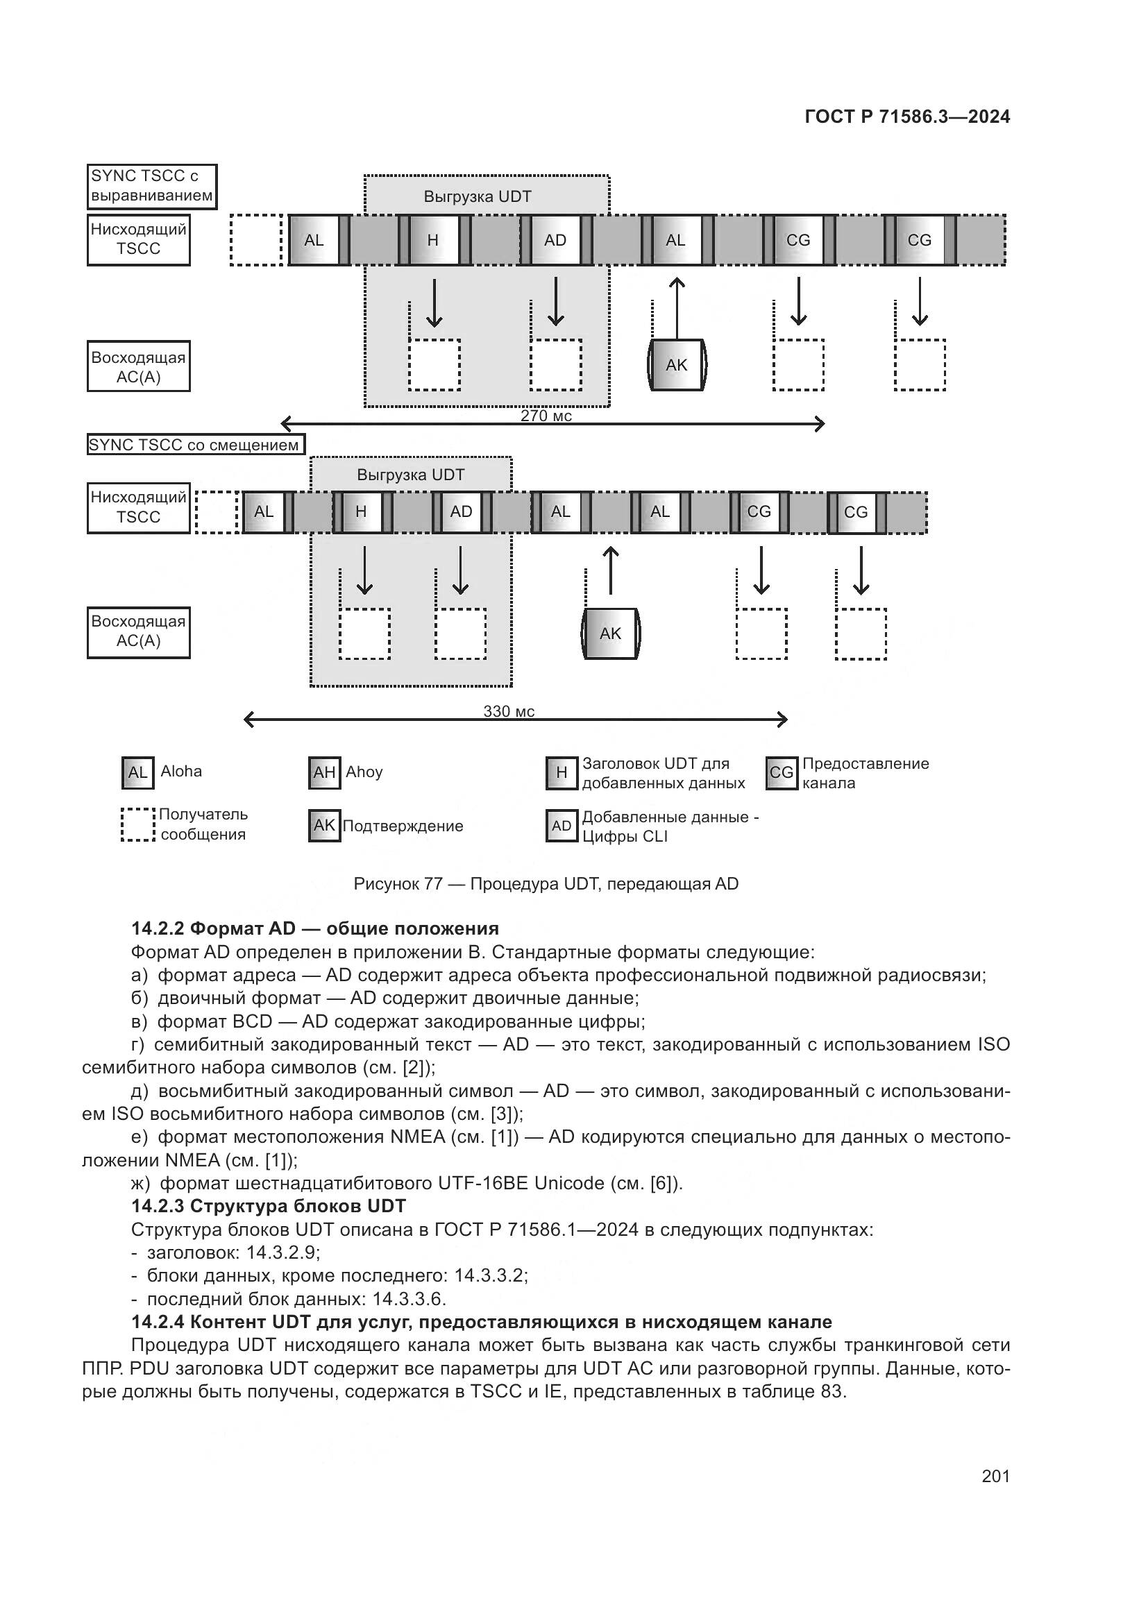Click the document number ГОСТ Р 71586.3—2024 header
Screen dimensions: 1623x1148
coord(907,117)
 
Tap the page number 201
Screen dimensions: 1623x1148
coord(995,1475)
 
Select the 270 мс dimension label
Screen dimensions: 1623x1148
coord(546,416)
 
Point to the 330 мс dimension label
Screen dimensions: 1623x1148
coord(508,711)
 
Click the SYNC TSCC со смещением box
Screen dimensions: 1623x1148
coord(196,445)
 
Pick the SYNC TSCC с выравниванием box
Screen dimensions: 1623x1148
coord(151,186)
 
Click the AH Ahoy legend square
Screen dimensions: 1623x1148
coord(324,772)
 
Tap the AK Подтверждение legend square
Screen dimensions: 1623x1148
coord(324,825)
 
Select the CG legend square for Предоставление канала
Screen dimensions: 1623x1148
coord(781,772)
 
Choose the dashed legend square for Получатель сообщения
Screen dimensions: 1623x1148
coord(138,825)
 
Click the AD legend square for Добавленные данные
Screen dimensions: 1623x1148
coord(562,826)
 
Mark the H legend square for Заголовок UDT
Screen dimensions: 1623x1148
coord(562,772)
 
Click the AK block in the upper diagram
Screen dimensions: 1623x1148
coord(677,365)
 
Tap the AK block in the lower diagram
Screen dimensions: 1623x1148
coord(610,634)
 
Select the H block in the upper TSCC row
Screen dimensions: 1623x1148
coord(433,240)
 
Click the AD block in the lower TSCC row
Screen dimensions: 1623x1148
coord(461,512)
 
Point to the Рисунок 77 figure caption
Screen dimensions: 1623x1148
coord(546,883)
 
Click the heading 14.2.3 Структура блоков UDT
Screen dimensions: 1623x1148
coord(269,1205)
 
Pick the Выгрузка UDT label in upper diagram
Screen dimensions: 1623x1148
coord(477,196)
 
